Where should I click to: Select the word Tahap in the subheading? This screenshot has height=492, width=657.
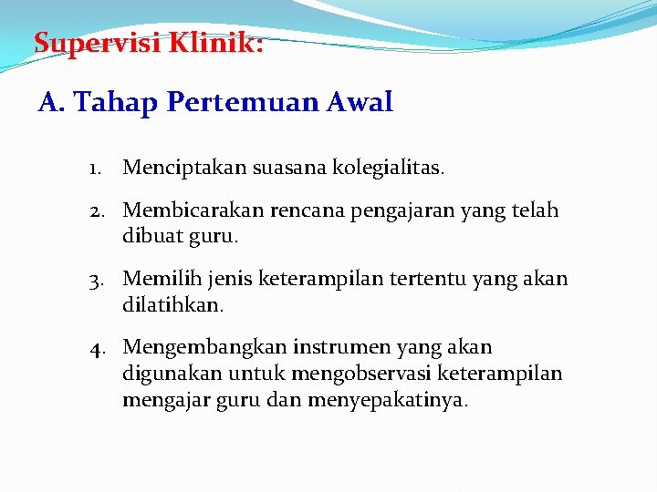pos(118,102)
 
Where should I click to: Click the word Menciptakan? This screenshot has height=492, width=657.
pos(178,168)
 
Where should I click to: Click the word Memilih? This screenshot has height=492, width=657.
pos(158,279)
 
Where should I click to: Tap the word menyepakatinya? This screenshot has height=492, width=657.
pos(388,399)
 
